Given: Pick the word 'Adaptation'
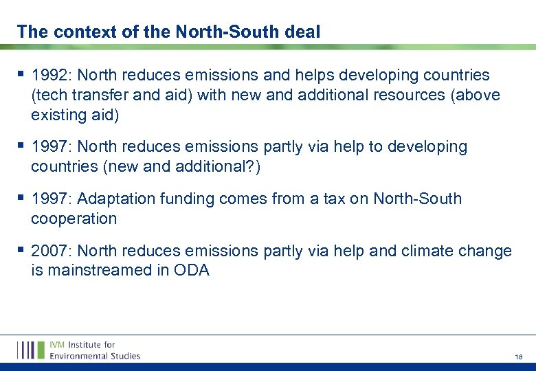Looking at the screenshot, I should coord(116,199).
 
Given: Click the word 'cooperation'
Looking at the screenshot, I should coord(74,219).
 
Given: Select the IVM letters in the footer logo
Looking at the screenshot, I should coord(58,345).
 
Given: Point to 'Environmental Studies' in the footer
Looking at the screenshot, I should coord(95,355).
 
